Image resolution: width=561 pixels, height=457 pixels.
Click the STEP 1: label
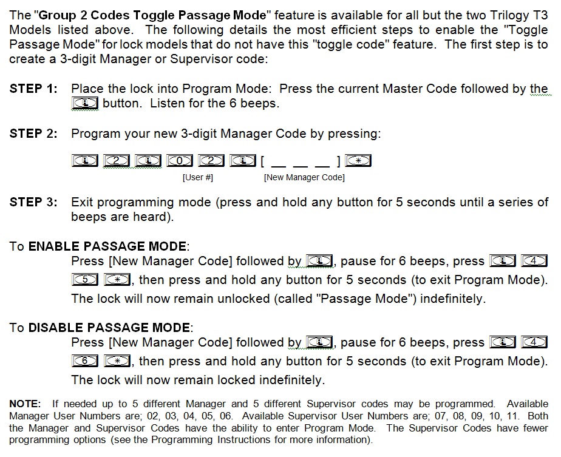tap(33, 89)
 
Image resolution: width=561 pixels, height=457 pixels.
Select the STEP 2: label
tap(33, 134)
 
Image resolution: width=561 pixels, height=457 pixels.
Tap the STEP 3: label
tap(33, 202)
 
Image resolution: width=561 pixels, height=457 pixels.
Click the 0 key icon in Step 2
tap(180, 161)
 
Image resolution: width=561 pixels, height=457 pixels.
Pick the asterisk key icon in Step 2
tap(358, 161)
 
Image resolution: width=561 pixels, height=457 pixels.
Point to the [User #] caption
tap(198, 178)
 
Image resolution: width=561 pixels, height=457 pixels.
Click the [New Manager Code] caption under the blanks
tap(304, 178)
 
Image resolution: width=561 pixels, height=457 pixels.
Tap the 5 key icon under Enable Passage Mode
tap(85, 280)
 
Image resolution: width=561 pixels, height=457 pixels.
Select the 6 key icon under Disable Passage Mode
tap(85, 361)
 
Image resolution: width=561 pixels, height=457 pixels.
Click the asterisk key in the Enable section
tap(117, 280)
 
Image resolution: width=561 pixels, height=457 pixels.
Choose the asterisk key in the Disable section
tap(117, 361)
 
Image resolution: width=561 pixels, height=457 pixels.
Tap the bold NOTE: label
tap(25, 404)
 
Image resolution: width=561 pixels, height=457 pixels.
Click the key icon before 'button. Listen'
tap(85, 103)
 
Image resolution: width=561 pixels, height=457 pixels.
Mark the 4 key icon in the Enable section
tap(534, 261)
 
